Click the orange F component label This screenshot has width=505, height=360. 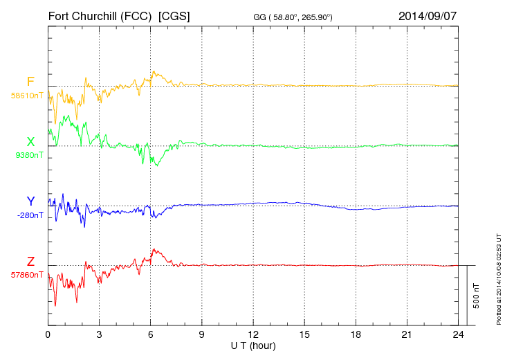click(30, 82)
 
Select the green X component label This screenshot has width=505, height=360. click(30, 141)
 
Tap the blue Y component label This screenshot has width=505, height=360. click(30, 201)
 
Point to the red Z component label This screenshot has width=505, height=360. click(30, 261)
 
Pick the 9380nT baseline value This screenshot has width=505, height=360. click(28, 155)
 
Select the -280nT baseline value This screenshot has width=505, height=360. click(28, 215)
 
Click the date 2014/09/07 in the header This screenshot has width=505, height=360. click(428, 15)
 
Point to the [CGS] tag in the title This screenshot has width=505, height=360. click(174, 15)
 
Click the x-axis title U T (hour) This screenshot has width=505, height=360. click(253, 345)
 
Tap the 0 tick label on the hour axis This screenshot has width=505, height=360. click(48, 334)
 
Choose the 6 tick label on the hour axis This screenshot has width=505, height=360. click(151, 334)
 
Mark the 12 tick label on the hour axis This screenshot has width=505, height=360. click(253, 334)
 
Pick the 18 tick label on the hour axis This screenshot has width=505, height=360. click(356, 334)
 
